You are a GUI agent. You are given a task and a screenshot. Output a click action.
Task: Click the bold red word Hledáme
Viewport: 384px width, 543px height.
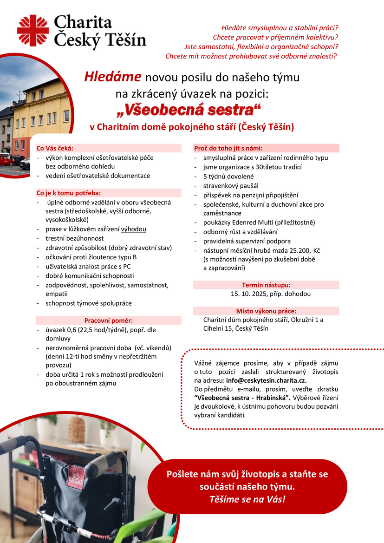coord(113,77)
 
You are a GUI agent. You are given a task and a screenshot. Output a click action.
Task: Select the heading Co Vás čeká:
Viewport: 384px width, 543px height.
coord(55,148)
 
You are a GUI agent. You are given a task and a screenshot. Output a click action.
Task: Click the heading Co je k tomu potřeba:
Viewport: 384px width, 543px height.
coord(68,193)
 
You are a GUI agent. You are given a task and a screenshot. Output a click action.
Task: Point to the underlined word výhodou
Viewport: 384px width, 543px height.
coord(134,229)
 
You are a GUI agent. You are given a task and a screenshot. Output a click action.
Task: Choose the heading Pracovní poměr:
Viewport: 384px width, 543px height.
coord(109,321)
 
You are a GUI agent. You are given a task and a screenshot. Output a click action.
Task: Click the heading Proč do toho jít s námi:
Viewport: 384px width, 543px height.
coord(228,148)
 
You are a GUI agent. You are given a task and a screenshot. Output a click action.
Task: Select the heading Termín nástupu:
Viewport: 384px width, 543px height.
coord(266,285)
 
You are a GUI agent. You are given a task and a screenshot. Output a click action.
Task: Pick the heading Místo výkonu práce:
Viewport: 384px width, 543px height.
coord(266,311)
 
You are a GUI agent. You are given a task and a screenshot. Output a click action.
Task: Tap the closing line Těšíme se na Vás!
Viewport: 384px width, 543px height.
coord(247,500)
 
